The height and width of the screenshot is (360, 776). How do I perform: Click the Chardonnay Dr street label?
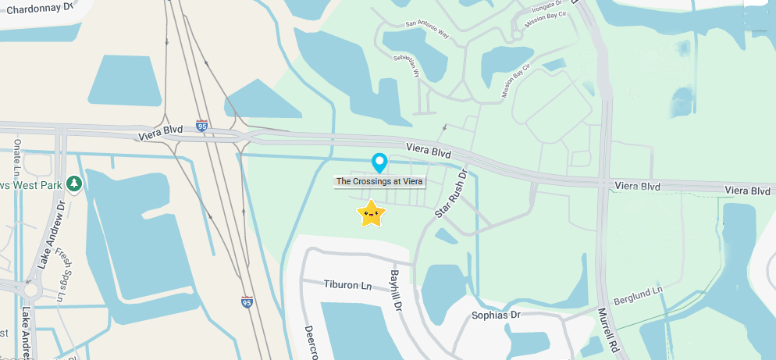39,6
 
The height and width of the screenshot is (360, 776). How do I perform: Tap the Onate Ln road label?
17,163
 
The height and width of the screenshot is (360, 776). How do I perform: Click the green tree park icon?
73,184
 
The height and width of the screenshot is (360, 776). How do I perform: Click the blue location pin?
379,162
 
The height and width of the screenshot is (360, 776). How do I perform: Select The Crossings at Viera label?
379,181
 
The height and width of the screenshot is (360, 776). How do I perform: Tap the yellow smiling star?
372,213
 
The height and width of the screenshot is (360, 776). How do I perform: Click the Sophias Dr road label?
496,315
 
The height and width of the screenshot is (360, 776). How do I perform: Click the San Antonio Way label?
427,29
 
